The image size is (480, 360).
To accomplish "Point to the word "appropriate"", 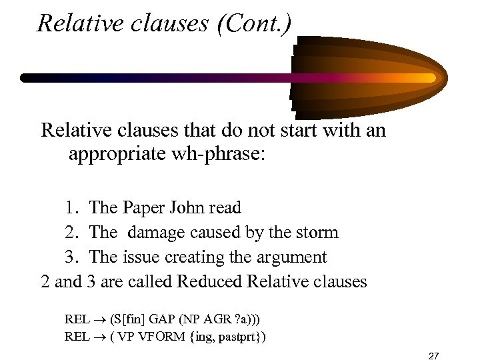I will click(x=118, y=155).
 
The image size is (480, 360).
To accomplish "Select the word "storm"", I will click(x=317, y=233).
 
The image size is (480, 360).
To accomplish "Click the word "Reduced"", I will click(x=211, y=281).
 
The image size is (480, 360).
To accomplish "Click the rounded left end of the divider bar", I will click(x=25, y=78).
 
